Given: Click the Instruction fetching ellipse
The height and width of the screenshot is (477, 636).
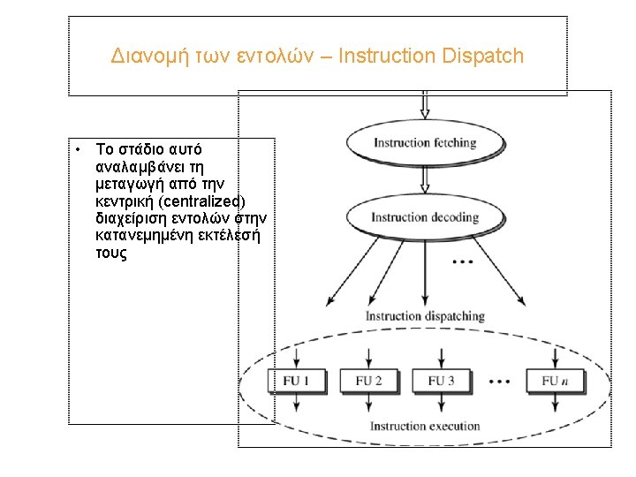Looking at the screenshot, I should tap(425, 143).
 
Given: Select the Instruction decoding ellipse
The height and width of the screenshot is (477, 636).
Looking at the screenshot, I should tap(425, 217).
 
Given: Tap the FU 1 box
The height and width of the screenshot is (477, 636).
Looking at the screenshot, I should tap(296, 381).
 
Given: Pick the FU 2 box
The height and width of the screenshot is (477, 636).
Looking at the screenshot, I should tap(368, 381).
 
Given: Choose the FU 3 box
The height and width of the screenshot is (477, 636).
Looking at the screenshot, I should tap(441, 381).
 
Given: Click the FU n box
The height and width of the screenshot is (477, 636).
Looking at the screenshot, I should tap(555, 381).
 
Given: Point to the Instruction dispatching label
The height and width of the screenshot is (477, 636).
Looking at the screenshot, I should tap(425, 316).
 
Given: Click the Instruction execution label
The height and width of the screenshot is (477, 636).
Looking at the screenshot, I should tap(425, 427).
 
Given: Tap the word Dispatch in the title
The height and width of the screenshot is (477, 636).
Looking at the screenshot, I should tap(484, 57).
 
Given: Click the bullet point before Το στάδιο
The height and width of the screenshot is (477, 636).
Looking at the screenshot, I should tap(79, 148).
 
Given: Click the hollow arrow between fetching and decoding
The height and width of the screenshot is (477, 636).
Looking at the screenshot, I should tap(425, 179).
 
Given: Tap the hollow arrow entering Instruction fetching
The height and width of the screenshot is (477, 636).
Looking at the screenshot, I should tap(425, 105).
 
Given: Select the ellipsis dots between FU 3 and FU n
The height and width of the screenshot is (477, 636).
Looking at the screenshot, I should tap(499, 382).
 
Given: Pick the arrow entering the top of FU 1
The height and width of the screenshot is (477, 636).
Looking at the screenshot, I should tap(296, 358).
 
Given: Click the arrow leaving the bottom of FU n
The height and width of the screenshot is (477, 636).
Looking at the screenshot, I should tap(555, 404).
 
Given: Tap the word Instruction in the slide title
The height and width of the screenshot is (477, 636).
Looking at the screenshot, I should tap(380, 57).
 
